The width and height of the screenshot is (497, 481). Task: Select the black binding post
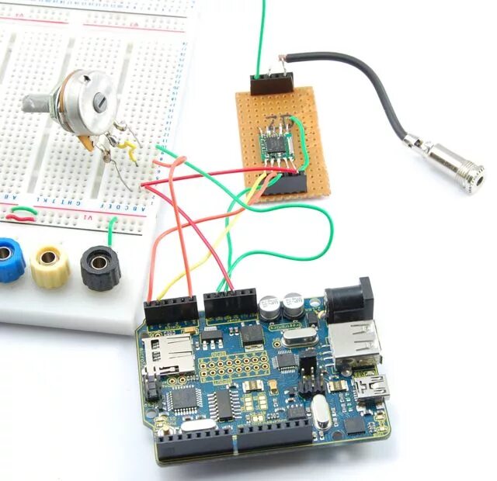point(99,266)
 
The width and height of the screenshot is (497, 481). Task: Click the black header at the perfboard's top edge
point(271,82)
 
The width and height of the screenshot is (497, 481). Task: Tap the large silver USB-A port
point(355,342)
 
